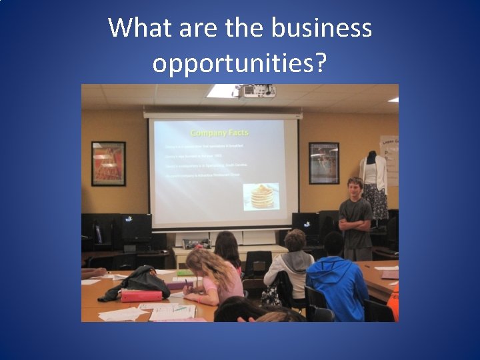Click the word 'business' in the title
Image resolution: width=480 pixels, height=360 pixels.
(x=322, y=28)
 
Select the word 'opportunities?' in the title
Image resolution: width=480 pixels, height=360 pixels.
(x=239, y=63)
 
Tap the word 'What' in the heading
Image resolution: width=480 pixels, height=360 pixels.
(x=136, y=28)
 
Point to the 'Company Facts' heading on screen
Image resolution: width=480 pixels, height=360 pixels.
(x=219, y=133)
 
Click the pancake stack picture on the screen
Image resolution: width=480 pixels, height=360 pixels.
(x=261, y=196)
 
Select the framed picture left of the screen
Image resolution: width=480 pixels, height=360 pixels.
(x=108, y=163)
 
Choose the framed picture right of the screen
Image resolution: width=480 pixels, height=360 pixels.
(x=324, y=163)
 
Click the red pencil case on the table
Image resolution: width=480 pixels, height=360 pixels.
(x=141, y=295)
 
